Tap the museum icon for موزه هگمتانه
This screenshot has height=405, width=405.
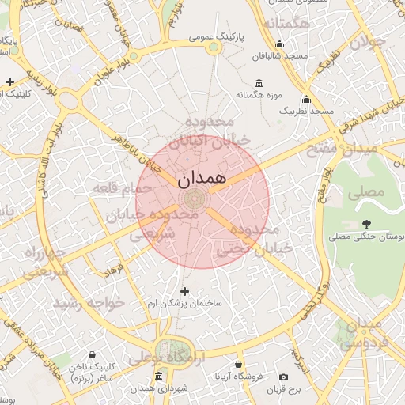[x=259, y=84]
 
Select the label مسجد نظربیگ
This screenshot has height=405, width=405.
[x=306, y=112]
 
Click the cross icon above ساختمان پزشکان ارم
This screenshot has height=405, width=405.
[x=185, y=291]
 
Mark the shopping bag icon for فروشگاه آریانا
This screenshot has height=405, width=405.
[x=238, y=365]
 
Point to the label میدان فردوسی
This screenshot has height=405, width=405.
[x=369, y=332]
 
